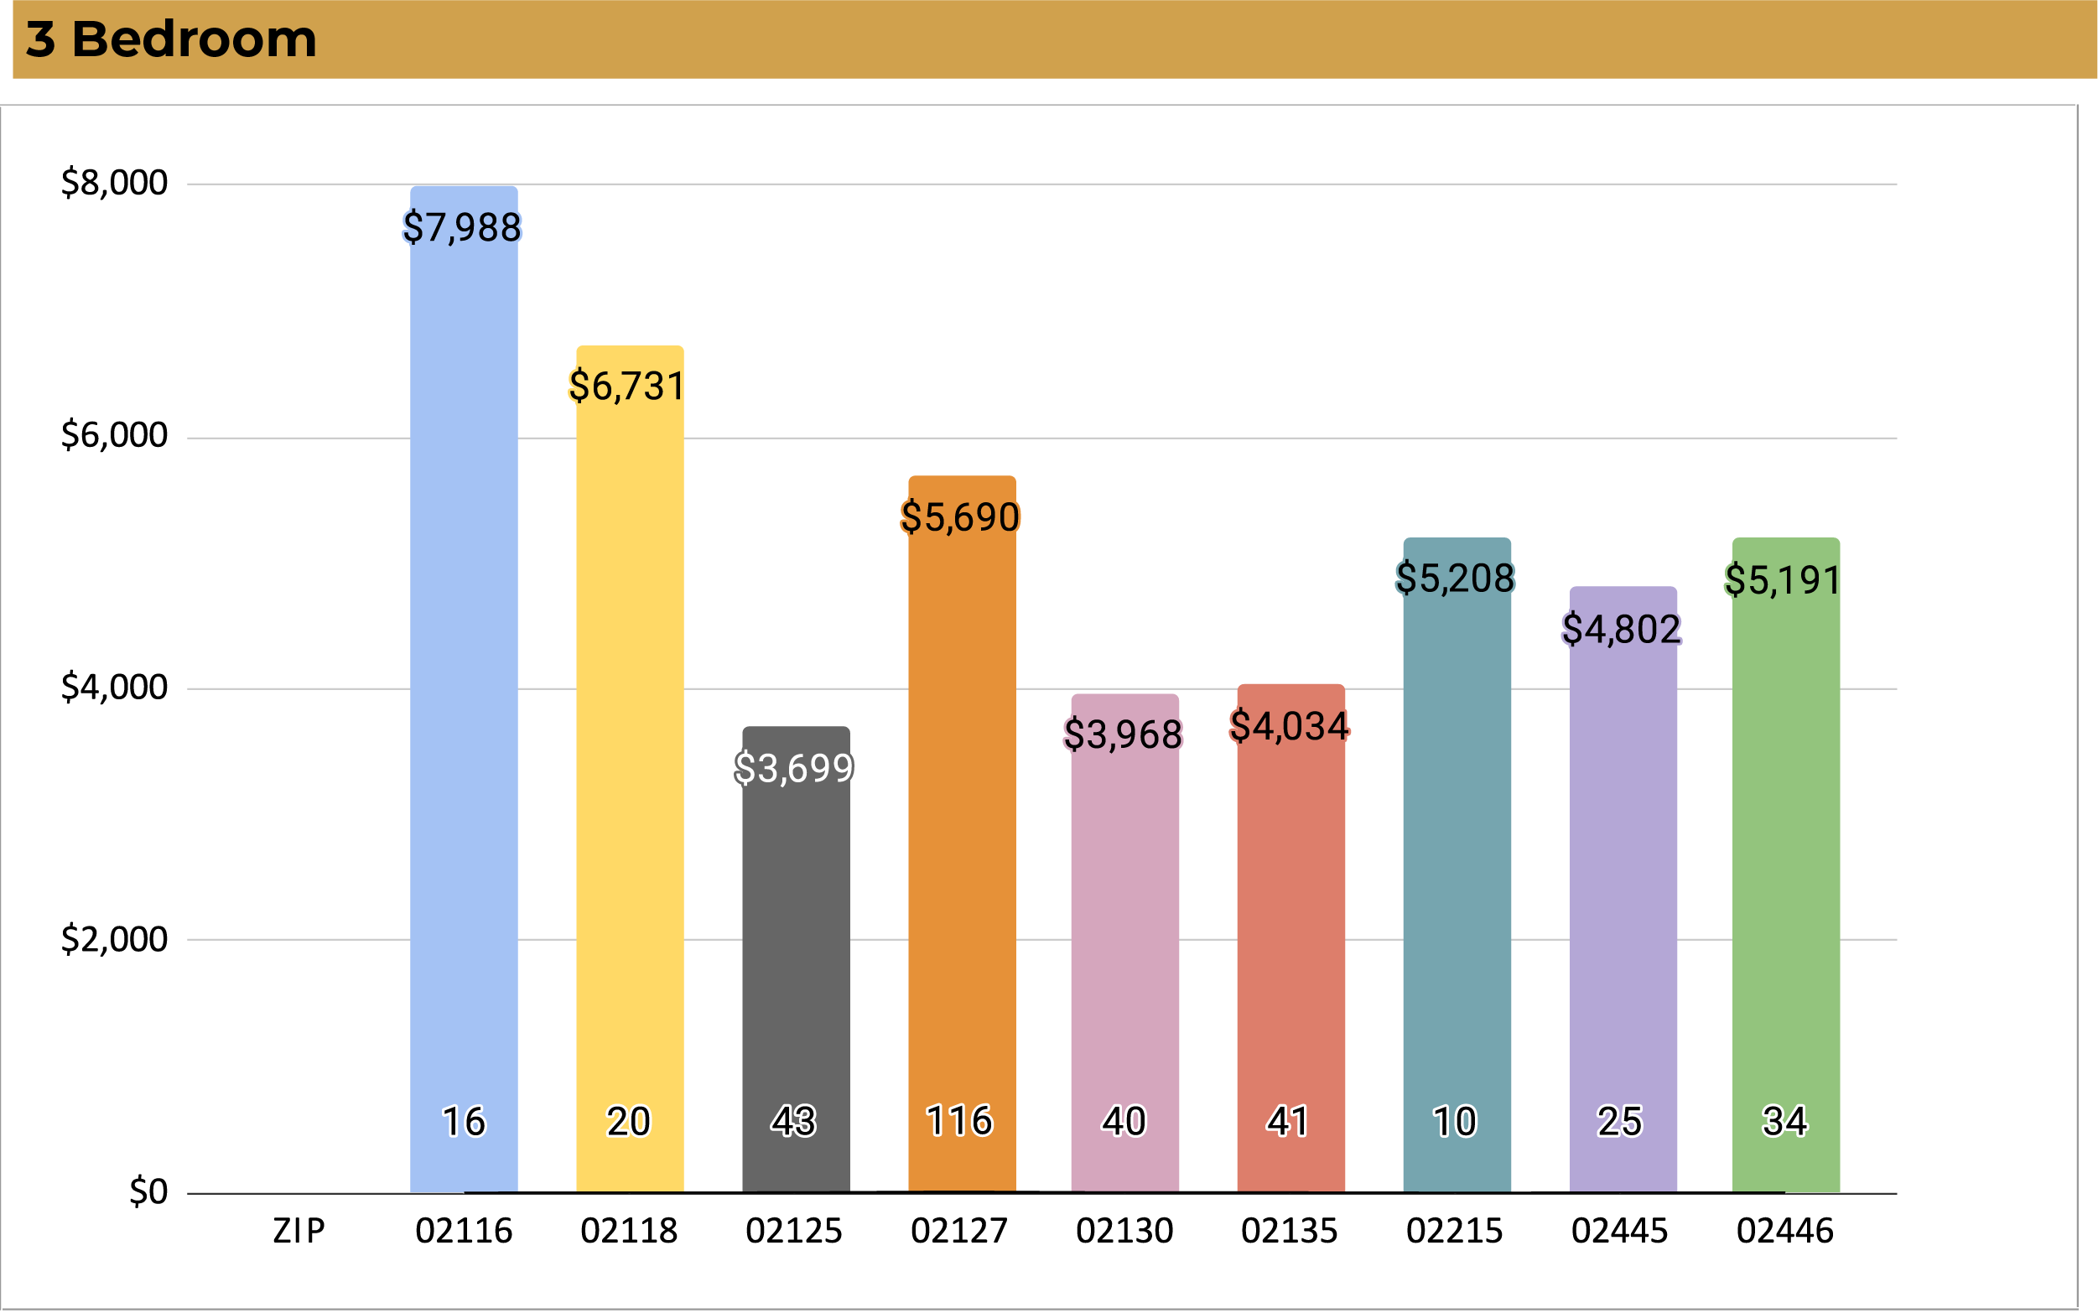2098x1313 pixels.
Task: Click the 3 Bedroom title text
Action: pos(171,40)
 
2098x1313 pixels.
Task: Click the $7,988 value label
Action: pos(462,227)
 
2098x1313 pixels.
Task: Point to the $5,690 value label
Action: pos(959,517)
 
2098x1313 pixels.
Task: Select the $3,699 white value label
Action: pos(794,769)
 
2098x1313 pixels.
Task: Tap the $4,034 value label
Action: pos(1290,727)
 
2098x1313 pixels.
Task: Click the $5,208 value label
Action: pos(1456,579)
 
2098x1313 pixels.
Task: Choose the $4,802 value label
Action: pos(1621,630)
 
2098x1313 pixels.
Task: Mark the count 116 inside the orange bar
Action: pos(959,1121)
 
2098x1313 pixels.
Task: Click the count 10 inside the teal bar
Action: pos(1456,1122)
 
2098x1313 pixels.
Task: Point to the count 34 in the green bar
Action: pos(1784,1122)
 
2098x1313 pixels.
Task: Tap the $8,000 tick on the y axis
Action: pos(114,184)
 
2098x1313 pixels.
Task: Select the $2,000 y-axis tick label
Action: pos(114,940)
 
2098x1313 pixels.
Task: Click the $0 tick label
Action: pos(148,1192)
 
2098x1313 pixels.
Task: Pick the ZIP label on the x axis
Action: pos(299,1232)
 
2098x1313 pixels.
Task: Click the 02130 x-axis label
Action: pos(1124,1232)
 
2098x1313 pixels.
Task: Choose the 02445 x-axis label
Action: pos(1619,1232)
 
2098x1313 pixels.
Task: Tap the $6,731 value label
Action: pos(627,387)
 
